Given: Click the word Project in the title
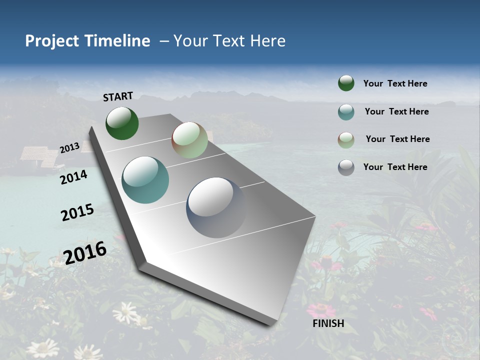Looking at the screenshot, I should [50, 41].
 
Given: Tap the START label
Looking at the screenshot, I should [118, 96].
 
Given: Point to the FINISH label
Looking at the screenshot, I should [328, 323].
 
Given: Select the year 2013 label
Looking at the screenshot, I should [69, 148].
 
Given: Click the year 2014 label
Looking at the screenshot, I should [74, 177].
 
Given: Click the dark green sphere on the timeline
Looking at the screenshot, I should [122, 123].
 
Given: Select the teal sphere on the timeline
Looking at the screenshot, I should [145, 180].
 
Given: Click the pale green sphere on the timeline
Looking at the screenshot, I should [189, 140].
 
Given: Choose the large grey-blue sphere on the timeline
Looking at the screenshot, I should [216, 207].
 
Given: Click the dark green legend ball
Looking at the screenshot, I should [346, 83].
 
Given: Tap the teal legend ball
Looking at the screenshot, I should [346, 112].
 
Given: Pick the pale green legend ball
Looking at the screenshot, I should [346, 140].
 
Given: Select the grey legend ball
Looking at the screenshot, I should [346, 167].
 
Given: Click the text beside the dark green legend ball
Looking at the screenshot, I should [395, 83].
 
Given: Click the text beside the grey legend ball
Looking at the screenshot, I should [395, 167].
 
